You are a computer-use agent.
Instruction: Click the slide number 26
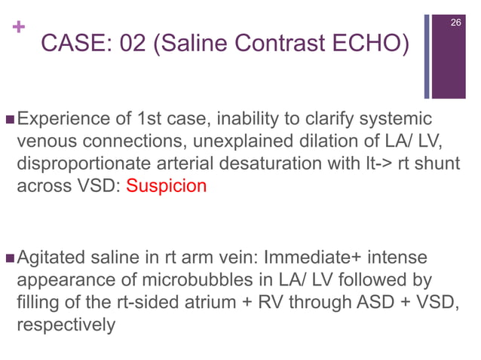pos(455,25)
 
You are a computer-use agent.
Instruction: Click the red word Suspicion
pos(166,186)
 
